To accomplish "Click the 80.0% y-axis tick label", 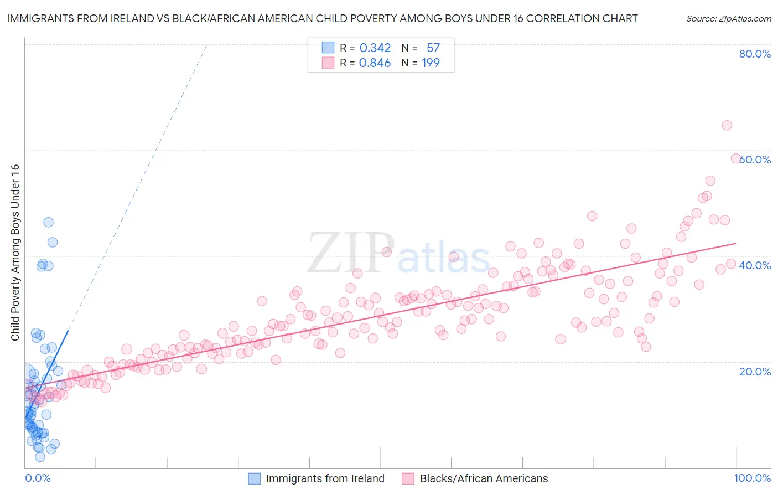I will coord(755,54).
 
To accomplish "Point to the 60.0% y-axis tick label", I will coord(755,159).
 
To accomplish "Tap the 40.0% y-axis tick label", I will coord(755,265).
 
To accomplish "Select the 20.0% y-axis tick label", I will coord(755,371).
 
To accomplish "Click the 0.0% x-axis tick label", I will coord(38,478).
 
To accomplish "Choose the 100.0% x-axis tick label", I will coord(752,478).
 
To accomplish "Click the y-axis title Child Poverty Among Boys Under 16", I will coord(15,253).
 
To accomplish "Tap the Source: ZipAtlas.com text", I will coord(728,18).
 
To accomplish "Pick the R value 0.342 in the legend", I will coord(375,48).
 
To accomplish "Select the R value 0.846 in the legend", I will coord(375,63).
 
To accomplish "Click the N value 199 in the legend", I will coord(431,63).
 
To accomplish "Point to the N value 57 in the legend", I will coord(433,48).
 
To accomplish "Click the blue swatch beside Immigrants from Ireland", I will coord(254,478).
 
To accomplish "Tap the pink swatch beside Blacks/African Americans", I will coord(408,478).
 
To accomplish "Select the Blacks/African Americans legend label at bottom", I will coord(484,478).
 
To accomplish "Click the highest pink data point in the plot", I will coord(727,125).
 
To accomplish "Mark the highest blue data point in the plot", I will coord(48,222).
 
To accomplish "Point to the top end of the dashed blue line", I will coord(206,44).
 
